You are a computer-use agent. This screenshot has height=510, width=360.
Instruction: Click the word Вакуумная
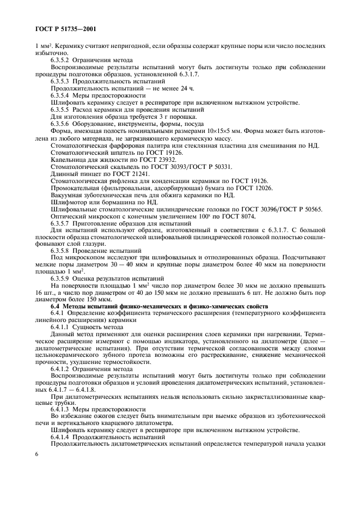point(69,195)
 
